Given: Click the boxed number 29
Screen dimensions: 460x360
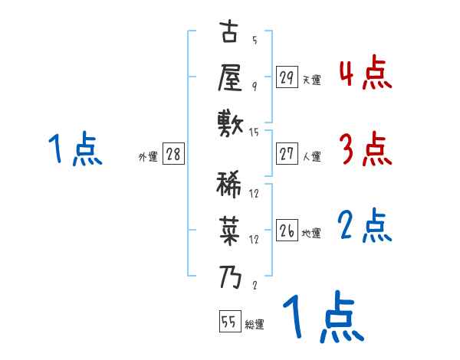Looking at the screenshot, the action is click(287, 77).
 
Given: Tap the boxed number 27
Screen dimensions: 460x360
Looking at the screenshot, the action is click(287, 154).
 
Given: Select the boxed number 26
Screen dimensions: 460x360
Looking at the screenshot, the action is click(287, 231).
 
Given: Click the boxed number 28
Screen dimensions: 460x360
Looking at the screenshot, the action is click(173, 154).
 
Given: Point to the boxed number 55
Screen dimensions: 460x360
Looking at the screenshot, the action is click(228, 322).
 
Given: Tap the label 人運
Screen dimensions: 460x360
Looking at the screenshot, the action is click(311, 156).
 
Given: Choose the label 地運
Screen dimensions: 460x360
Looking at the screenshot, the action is click(311, 233).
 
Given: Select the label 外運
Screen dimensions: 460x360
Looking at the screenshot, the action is click(148, 156).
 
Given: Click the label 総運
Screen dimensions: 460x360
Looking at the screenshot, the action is click(255, 325).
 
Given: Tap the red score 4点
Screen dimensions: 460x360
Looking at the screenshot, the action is click(365, 74).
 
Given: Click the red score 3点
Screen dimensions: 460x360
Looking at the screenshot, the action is click(365, 149).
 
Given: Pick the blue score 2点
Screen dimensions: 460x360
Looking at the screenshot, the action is click(365, 226).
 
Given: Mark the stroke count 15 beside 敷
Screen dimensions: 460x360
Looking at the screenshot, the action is click(255, 133).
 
